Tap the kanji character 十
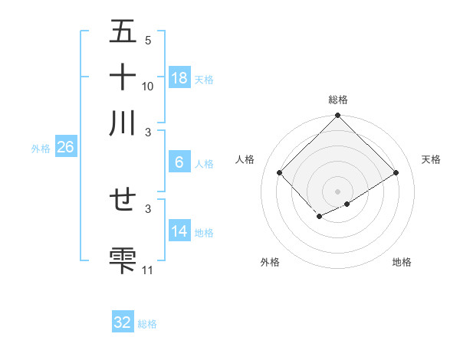123,77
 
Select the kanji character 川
123,123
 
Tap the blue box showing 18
179,78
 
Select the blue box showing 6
179,162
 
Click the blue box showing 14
179,231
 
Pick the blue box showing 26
65,148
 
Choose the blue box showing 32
123,322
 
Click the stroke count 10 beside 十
148,86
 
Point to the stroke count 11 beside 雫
148,270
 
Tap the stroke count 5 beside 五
148,41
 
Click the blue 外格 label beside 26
41,149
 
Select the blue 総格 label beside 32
147,324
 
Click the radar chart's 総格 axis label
338,100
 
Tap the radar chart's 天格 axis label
432,159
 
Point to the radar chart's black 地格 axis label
402,263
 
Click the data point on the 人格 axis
280,172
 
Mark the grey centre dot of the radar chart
338,191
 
